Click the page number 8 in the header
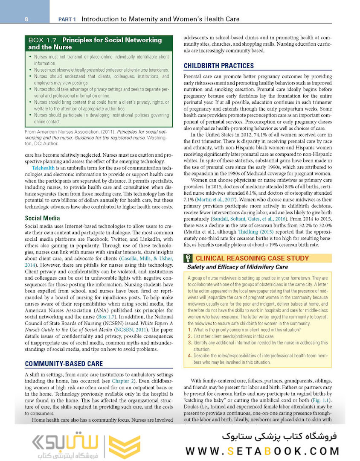tap(26, 19)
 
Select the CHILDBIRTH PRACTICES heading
tap(218, 66)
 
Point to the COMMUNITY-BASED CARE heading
tap(64, 364)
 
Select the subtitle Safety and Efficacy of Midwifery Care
tap(237, 267)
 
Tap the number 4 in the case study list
tap(190, 355)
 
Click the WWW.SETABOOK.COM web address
tap(262, 451)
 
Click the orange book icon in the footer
tap(124, 447)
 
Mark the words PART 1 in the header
tap(67, 19)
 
